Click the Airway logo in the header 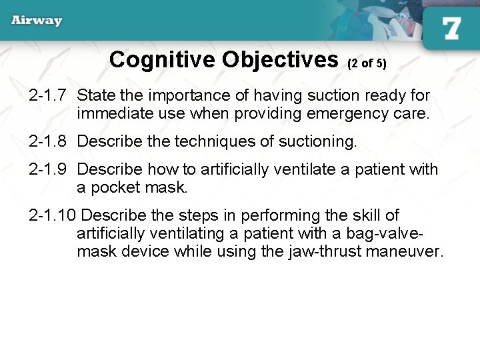(x=37, y=20)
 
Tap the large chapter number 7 (x=451, y=29)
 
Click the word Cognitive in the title (x=163, y=60)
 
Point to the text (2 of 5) (x=367, y=63)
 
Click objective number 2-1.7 (x=49, y=96)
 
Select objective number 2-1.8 (x=49, y=141)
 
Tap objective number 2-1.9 (x=49, y=169)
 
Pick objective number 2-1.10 (x=53, y=215)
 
